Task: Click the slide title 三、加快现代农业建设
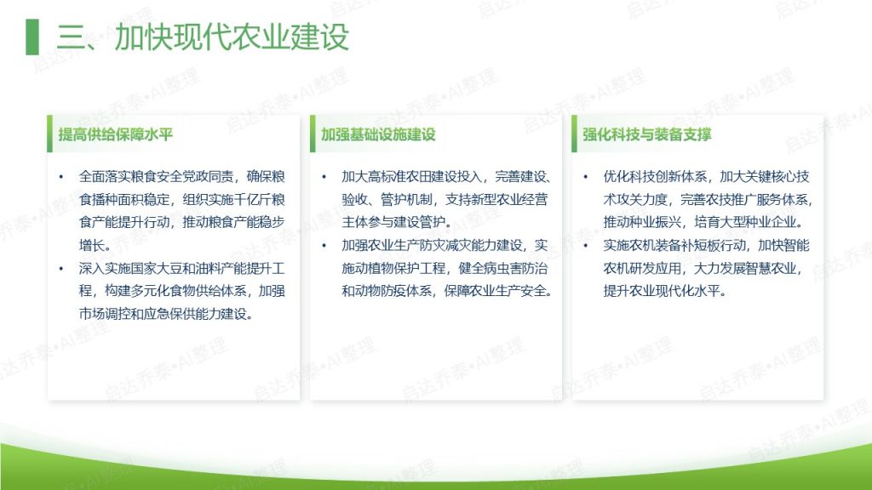point(203,37)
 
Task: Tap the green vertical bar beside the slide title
point(32,37)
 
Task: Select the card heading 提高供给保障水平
point(116,134)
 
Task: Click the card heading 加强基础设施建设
point(378,134)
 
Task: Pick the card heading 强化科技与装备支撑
point(647,134)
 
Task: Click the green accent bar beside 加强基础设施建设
point(313,134)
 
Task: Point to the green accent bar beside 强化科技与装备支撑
point(575,134)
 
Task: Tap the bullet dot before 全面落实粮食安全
point(61,177)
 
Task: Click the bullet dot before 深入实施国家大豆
point(61,269)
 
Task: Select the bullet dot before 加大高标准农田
point(324,177)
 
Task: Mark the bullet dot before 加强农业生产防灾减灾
point(324,246)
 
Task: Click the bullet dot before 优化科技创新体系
point(586,177)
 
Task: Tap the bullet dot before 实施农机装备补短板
point(586,246)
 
